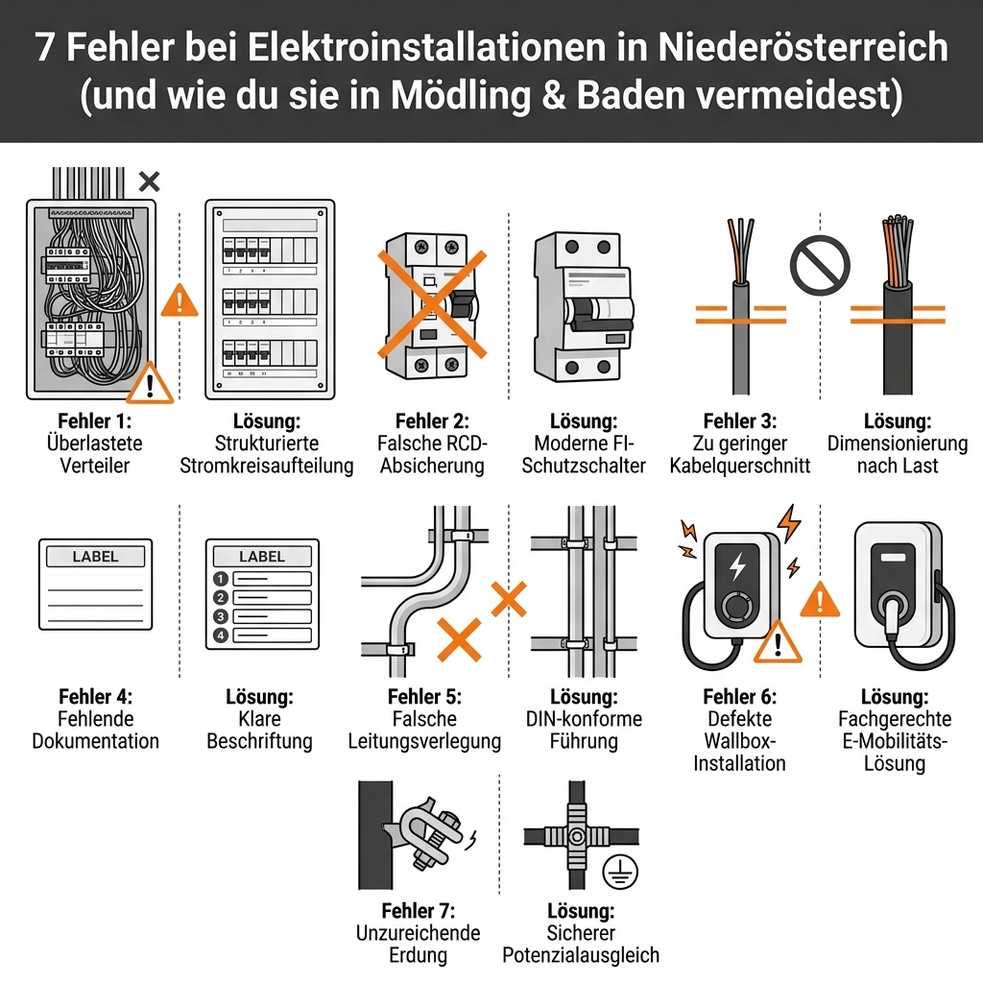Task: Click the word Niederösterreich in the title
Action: [x=803, y=47]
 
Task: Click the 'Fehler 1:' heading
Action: [x=95, y=420]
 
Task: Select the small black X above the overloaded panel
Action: [x=149, y=181]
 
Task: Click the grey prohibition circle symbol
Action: [x=820, y=265]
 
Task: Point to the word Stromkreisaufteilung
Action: [x=267, y=466]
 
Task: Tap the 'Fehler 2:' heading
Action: [x=432, y=420]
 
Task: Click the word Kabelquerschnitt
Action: [x=740, y=466]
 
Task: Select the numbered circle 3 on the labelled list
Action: [x=220, y=616]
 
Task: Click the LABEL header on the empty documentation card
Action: [x=95, y=556]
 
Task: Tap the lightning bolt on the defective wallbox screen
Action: [x=737, y=565]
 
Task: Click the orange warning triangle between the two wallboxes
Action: [x=820, y=599]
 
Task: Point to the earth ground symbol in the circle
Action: [x=620, y=872]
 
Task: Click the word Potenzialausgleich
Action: [x=581, y=955]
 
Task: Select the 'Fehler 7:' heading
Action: [x=419, y=910]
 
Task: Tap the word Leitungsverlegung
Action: [x=424, y=742]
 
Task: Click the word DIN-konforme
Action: [x=584, y=719]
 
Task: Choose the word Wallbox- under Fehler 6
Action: [x=740, y=741]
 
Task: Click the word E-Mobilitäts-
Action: [x=895, y=741]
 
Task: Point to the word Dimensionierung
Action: [x=898, y=444]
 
